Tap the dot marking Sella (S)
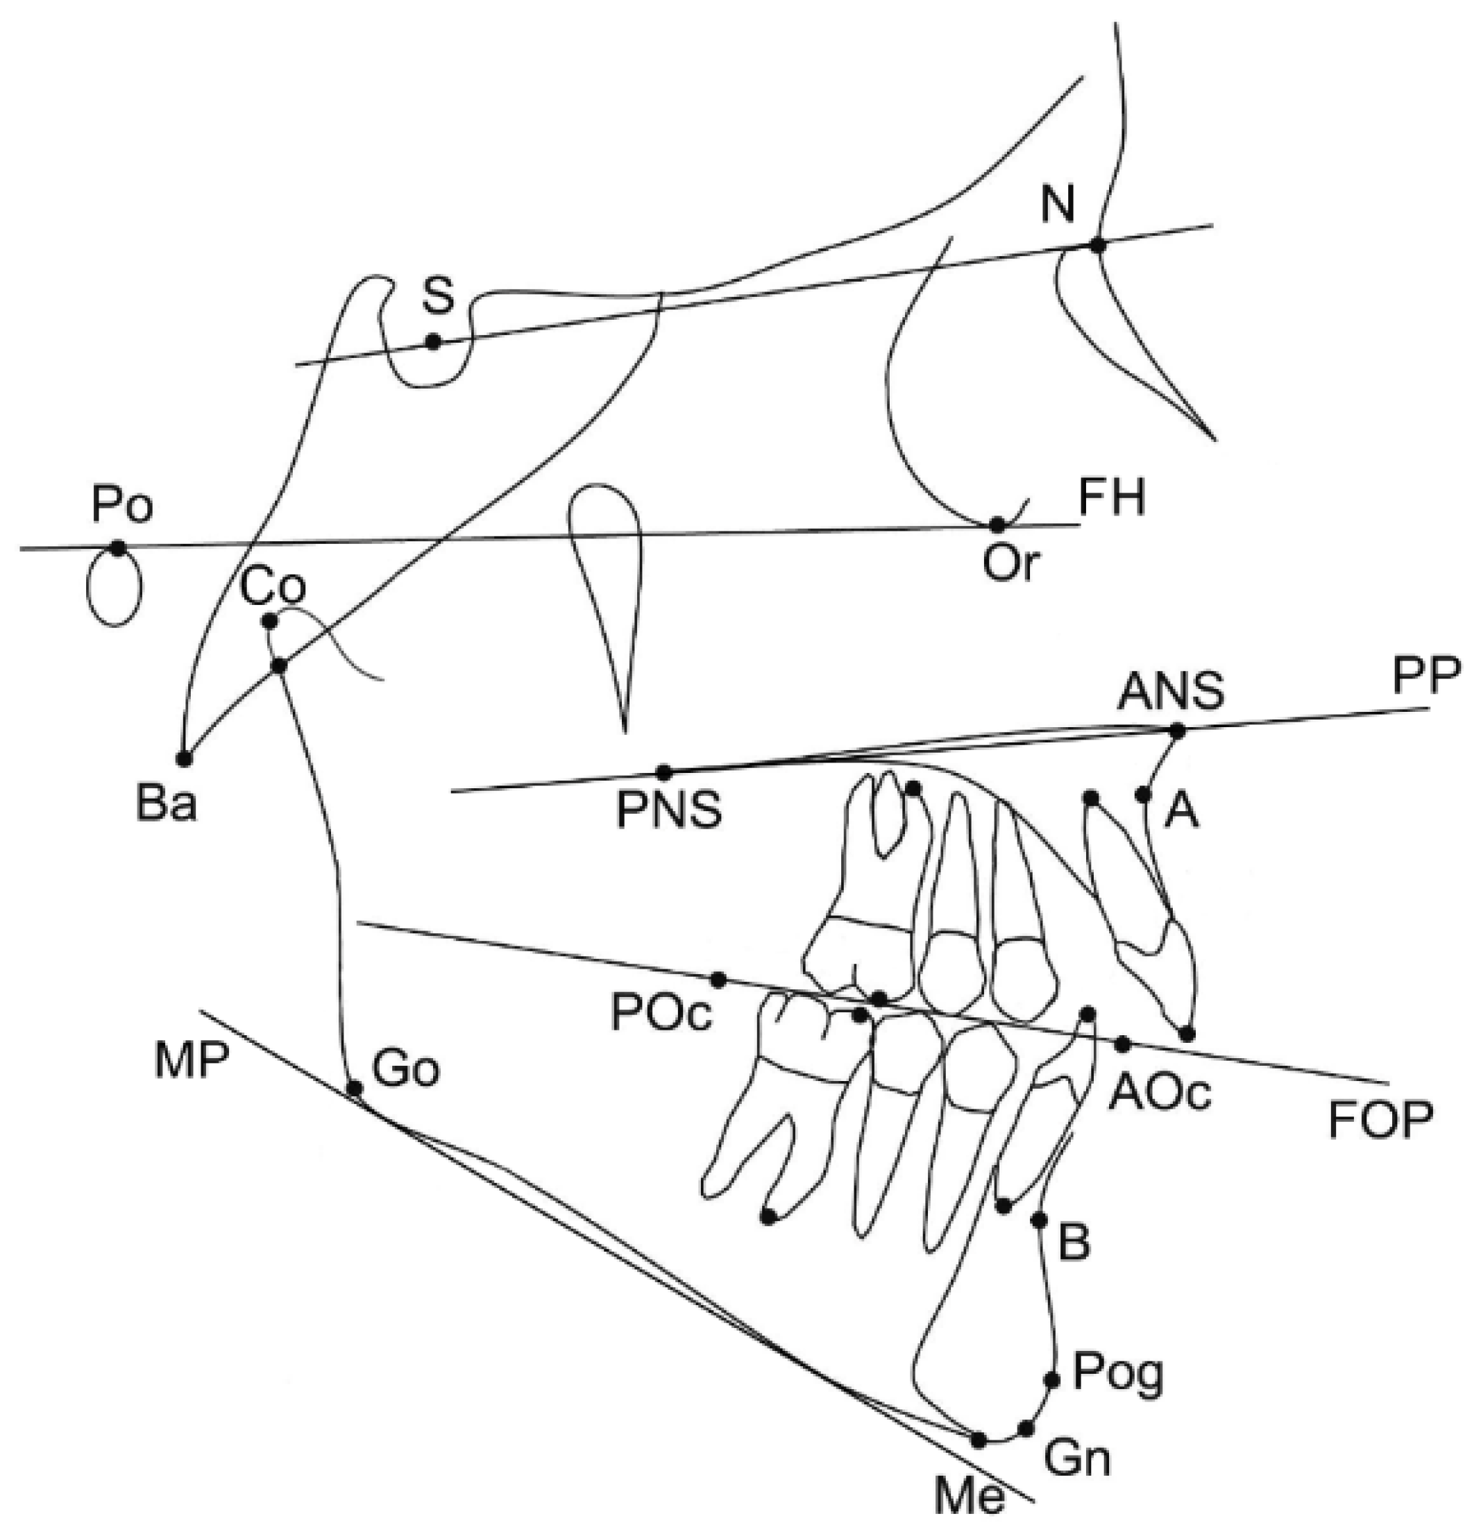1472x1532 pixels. click(432, 341)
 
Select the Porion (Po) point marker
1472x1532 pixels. click(117, 547)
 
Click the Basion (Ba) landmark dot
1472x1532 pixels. click(185, 758)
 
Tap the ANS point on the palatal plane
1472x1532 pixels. click(1176, 731)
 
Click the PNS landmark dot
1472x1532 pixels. click(663, 772)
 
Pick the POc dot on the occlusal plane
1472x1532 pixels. click(718, 980)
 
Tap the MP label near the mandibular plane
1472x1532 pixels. click(192, 1062)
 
